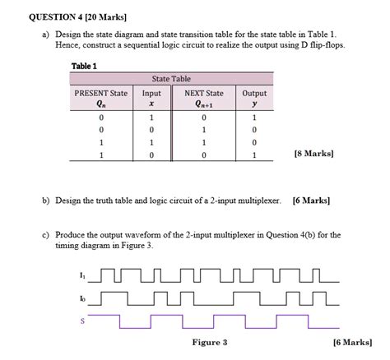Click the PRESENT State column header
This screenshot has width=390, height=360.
coord(100,98)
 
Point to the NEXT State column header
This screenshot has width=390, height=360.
coord(203,98)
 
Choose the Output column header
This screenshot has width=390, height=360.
coord(254,98)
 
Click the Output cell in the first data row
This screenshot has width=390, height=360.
coord(254,118)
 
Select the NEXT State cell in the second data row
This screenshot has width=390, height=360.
coord(203,130)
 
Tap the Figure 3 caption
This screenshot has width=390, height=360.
coord(209,342)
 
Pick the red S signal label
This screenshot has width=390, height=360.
coord(81,321)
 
